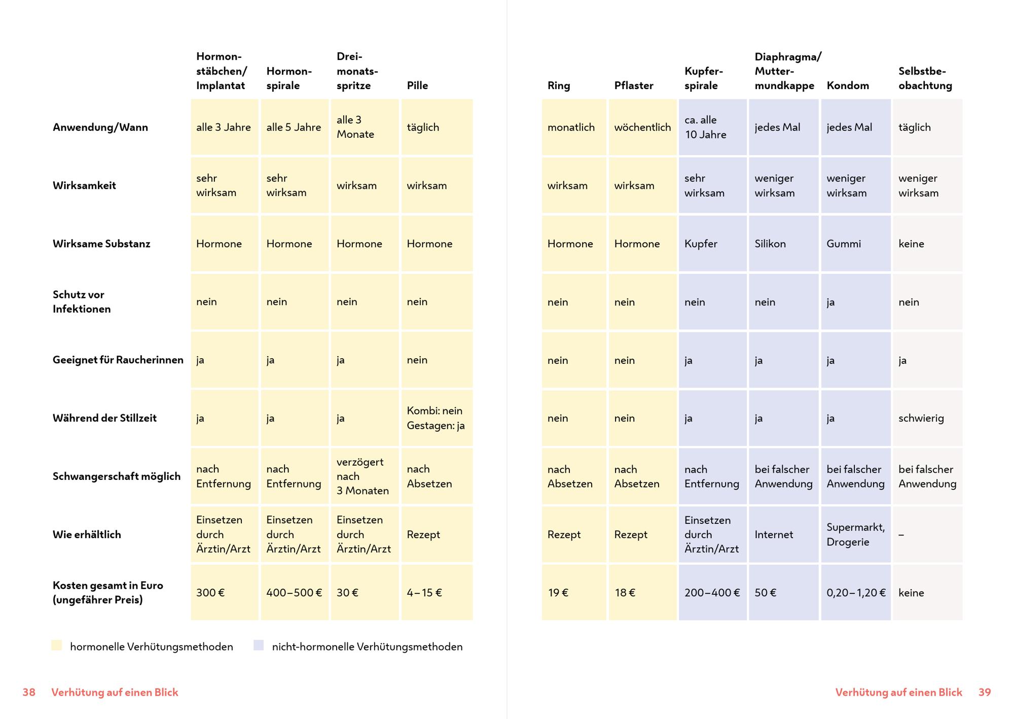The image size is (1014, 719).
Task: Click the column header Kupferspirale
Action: tap(703, 78)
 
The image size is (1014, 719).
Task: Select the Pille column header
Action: tap(417, 85)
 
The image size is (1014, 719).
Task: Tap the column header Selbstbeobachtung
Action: tap(925, 78)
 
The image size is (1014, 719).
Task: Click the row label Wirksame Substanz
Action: tap(101, 244)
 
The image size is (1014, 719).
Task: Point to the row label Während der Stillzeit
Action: tap(104, 418)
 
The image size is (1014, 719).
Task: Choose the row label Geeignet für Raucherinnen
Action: tap(118, 360)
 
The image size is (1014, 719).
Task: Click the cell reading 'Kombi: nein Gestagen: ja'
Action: tap(436, 418)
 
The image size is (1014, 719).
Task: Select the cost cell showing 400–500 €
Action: tap(294, 592)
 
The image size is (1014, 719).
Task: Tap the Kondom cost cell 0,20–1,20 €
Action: tap(856, 592)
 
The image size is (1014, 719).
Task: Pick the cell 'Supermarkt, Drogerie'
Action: tap(855, 535)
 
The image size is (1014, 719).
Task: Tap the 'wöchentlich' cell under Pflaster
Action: tap(642, 127)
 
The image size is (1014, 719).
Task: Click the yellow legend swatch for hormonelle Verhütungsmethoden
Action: tap(57, 645)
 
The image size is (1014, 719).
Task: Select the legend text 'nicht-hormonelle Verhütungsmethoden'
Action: tap(367, 647)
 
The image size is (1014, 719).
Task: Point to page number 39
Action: tap(984, 692)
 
